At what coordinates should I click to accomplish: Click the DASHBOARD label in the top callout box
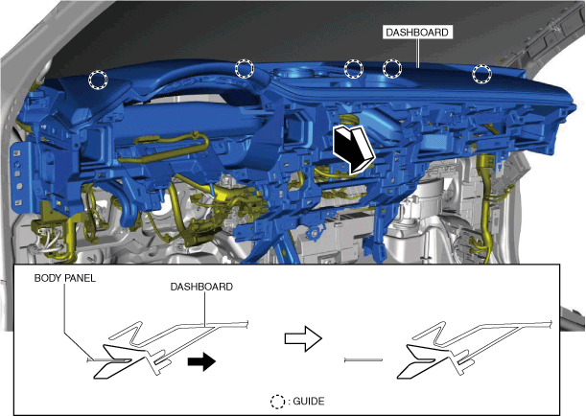pyautogui.click(x=416, y=33)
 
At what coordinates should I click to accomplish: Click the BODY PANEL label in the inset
pyautogui.click(x=65, y=278)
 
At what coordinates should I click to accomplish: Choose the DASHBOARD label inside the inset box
pyautogui.click(x=201, y=287)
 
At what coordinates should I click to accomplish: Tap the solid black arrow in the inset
pyautogui.click(x=201, y=361)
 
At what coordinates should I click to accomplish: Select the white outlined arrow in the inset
pyautogui.click(x=303, y=338)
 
